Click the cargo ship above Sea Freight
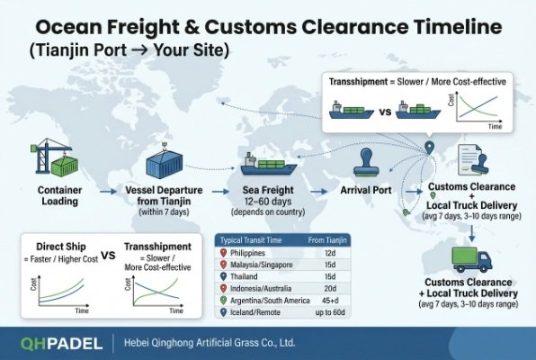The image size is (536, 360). coord(267,165)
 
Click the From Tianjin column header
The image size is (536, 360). coord(327,239)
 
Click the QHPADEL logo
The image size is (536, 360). coord(56,341)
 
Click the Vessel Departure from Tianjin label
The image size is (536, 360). coord(168,196)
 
